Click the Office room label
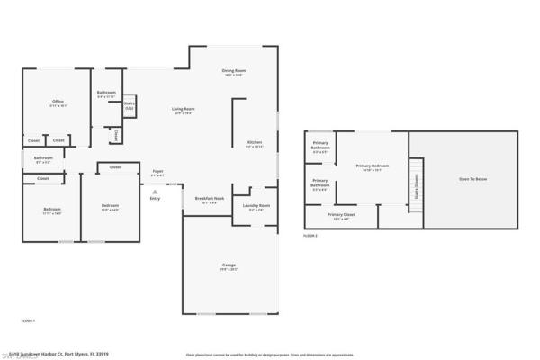tap(58, 102)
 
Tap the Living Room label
tap(184, 110)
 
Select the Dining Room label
tap(235, 71)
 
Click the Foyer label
tap(157, 171)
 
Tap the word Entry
tap(155, 199)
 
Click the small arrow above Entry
tap(155, 191)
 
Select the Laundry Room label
tap(256, 206)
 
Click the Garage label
tap(229, 265)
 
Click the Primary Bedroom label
tap(373, 166)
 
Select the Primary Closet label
tap(341, 216)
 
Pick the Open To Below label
tap(472, 180)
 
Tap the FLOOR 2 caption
tap(310, 235)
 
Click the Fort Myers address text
tap(54, 353)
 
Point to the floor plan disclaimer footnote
tap(270, 355)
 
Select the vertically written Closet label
tap(117, 135)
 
